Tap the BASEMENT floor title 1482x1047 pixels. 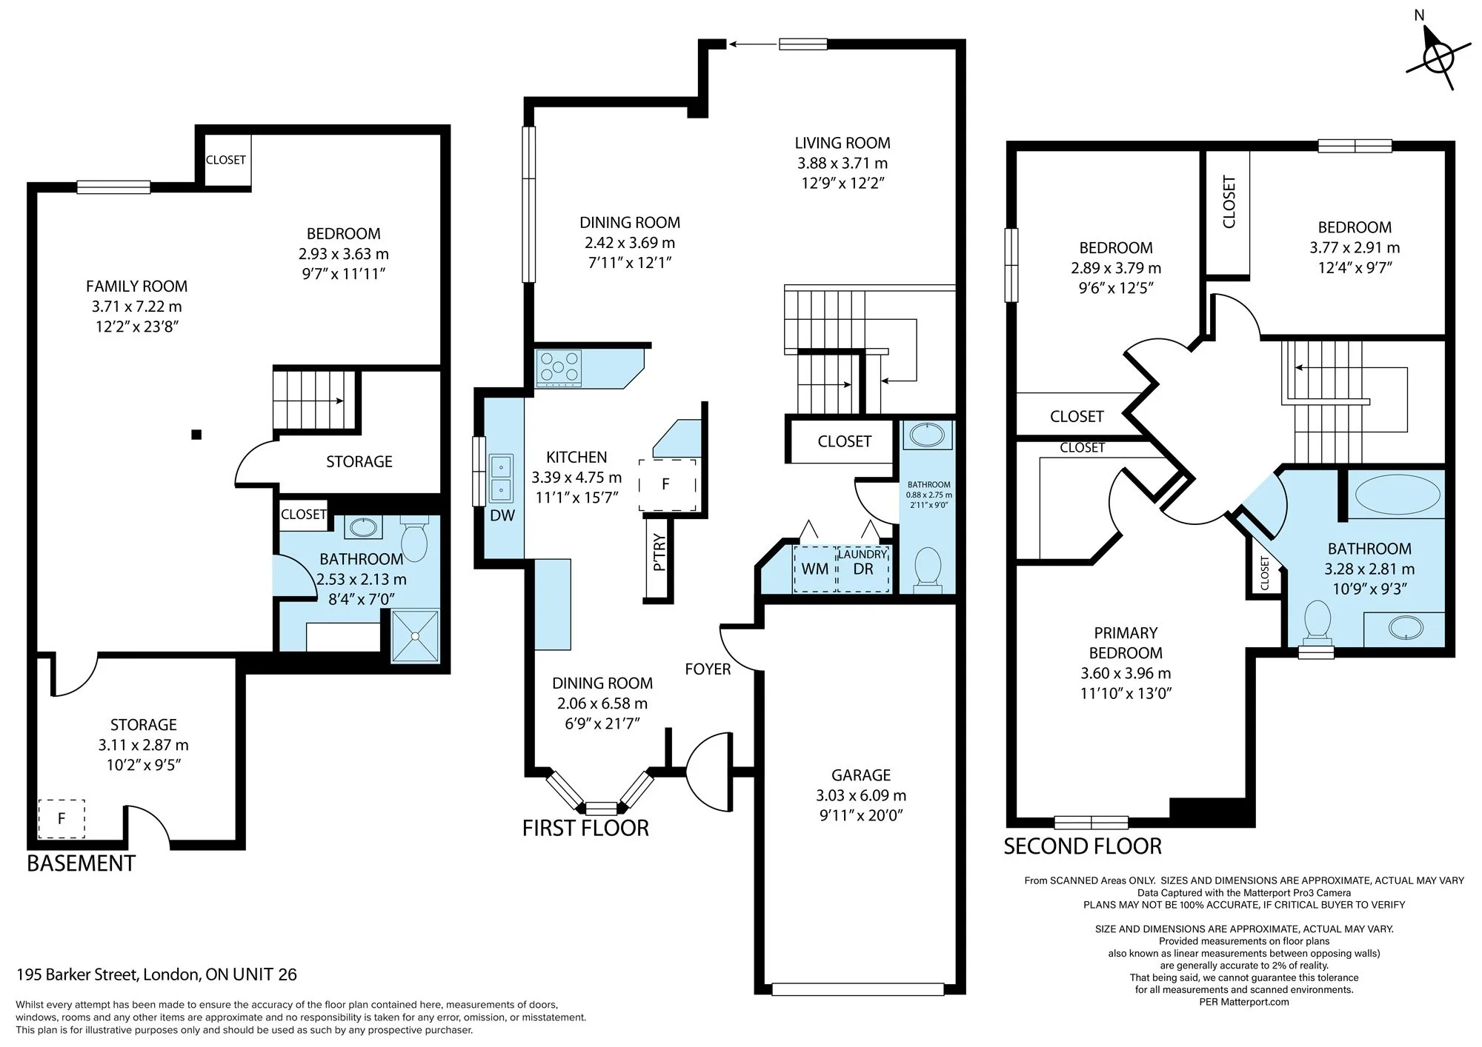point(82,863)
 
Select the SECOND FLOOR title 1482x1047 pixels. point(1083,846)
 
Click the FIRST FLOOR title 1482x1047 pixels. point(585,828)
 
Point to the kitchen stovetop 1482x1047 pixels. point(559,368)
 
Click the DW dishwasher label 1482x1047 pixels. point(502,516)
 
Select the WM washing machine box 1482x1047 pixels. point(815,569)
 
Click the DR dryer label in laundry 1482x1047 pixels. point(863,569)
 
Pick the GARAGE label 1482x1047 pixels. point(861,775)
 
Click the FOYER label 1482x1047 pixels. point(708,669)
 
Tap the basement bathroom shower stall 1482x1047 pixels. point(415,635)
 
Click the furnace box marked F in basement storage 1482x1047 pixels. point(62,818)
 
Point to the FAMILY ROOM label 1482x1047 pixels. point(137,287)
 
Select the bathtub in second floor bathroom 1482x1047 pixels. point(1396,495)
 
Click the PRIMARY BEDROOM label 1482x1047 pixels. point(1126,643)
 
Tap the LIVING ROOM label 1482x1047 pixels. point(843,143)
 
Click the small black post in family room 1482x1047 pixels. point(196,435)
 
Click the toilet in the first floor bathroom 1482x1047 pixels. point(928,569)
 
